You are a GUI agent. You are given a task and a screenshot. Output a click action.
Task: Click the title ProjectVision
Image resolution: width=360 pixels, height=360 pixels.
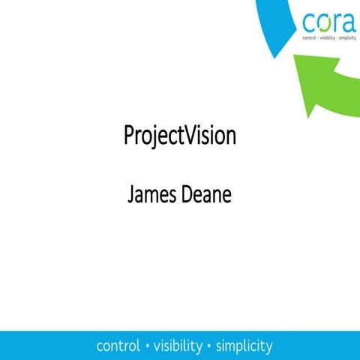coord(179,136)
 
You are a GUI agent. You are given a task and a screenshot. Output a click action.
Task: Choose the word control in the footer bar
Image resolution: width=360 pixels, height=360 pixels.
coord(118,346)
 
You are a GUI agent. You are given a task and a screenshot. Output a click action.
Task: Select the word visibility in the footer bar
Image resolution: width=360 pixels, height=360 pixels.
coord(177,346)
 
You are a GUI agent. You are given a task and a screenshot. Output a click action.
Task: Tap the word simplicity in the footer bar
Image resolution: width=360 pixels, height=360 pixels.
coord(244,346)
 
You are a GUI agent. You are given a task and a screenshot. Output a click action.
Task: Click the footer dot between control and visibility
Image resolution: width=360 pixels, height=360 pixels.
coord(147,346)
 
